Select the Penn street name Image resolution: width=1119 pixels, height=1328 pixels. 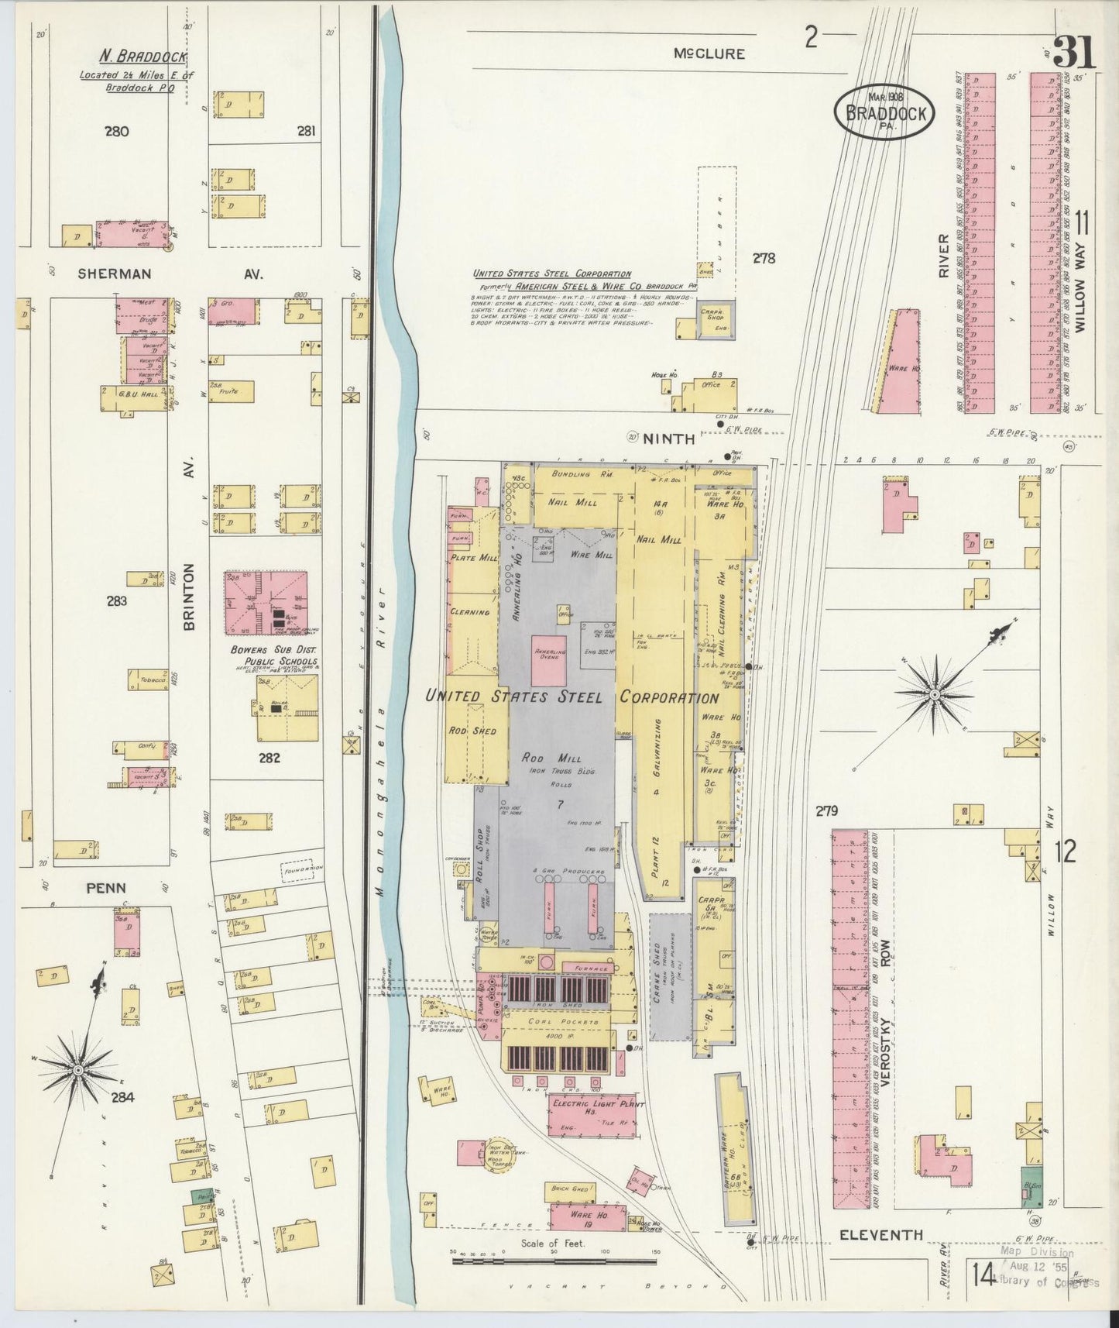107,888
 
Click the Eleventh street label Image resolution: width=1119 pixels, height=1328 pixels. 881,1235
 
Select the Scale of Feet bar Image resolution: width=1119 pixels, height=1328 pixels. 553,1261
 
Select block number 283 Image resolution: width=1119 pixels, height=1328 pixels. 117,600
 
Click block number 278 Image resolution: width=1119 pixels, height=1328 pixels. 764,258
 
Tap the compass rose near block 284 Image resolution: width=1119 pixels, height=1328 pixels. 77,1070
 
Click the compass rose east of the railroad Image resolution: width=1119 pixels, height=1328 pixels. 935,693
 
